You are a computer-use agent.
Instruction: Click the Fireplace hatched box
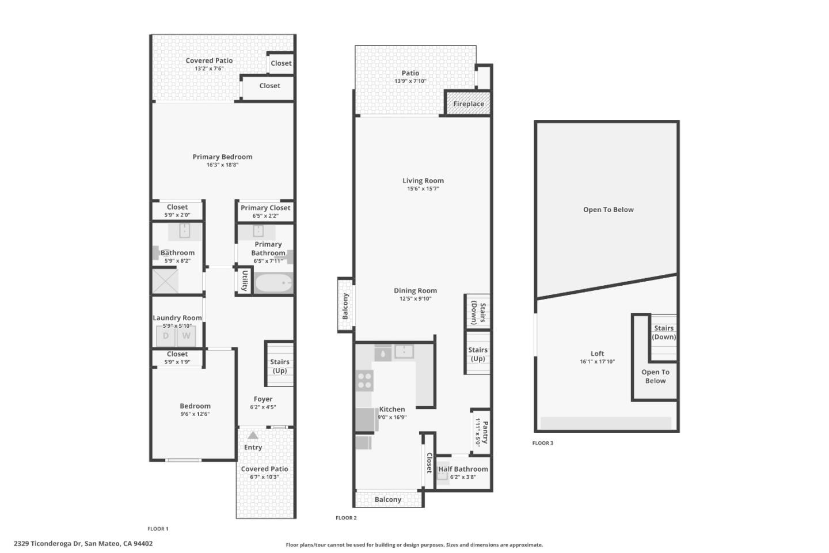tap(468, 103)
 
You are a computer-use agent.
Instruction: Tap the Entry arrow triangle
tap(253, 435)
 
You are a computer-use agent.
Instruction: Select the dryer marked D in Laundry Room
tap(166, 336)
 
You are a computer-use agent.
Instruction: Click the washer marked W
tap(186, 336)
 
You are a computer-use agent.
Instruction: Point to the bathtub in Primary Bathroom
tap(273, 283)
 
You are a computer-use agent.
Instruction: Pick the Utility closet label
tap(245, 281)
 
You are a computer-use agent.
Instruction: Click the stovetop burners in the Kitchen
tap(364, 381)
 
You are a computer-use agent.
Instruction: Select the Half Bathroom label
tap(463, 469)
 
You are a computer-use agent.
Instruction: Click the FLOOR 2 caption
tap(346, 518)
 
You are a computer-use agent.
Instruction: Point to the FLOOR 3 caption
tap(542, 443)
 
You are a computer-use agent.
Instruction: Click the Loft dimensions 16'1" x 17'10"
tap(598, 362)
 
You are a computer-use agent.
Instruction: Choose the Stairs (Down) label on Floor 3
tap(664, 332)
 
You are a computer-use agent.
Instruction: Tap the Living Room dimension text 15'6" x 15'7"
tap(423, 188)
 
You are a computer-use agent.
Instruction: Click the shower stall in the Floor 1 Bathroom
tap(165, 281)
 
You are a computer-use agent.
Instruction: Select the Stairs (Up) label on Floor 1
tap(280, 366)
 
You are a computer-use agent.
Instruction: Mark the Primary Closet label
tap(265, 208)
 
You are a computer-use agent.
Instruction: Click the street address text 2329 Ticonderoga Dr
tap(47, 544)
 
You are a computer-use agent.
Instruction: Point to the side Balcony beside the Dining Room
tap(345, 305)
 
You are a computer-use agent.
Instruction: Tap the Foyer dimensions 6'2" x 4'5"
tap(263, 407)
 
